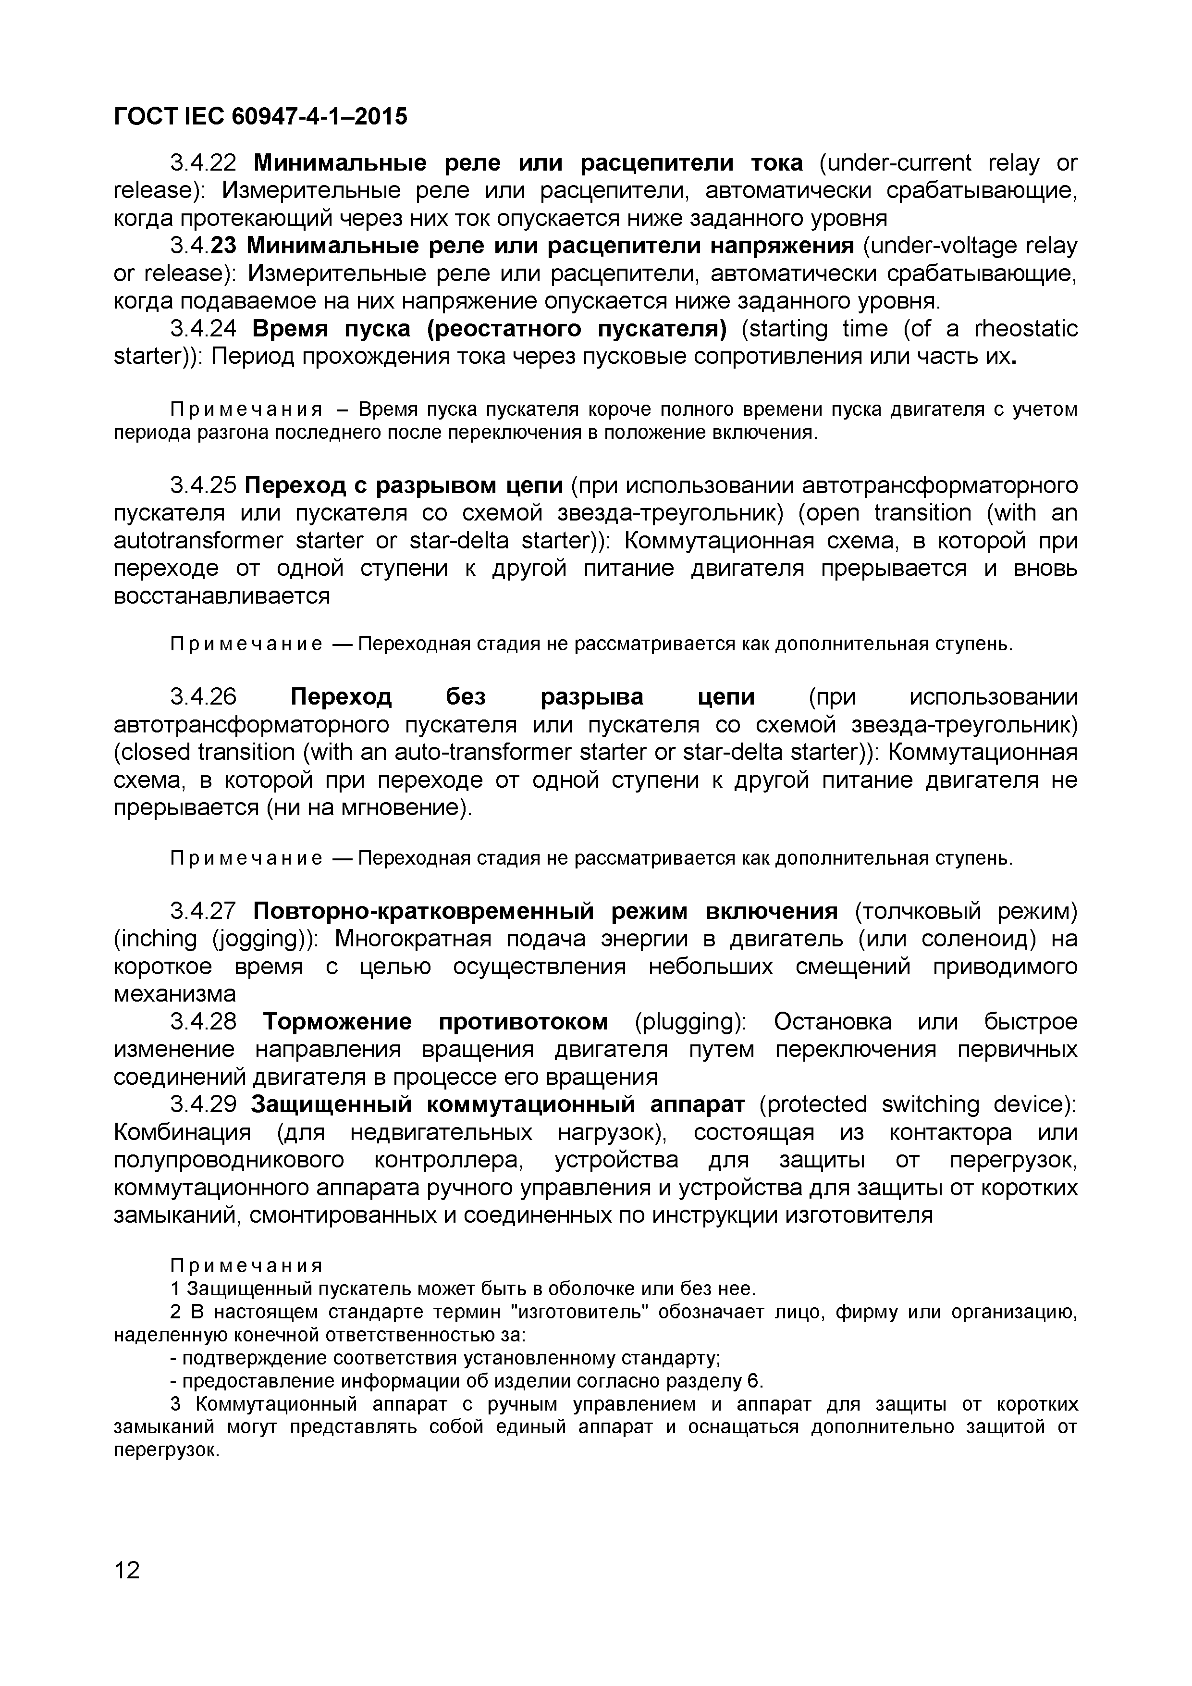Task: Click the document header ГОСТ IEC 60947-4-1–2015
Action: [x=260, y=116]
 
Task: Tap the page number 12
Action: [x=127, y=1570]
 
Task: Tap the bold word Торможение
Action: [x=338, y=1021]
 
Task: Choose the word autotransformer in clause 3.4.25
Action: [x=198, y=541]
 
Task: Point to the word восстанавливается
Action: [x=221, y=595]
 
